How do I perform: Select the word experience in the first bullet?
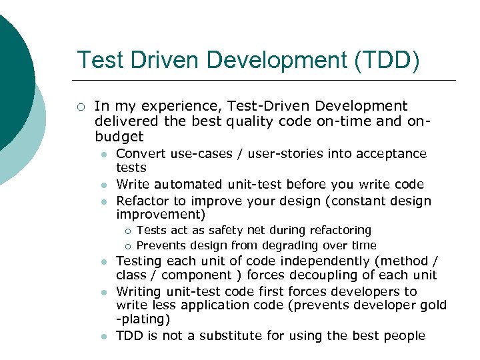click(173, 105)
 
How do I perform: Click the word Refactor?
click(141, 201)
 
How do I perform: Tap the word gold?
click(433, 305)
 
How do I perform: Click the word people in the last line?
click(405, 335)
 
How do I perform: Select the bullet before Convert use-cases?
click(103, 154)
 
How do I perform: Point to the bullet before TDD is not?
click(103, 336)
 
